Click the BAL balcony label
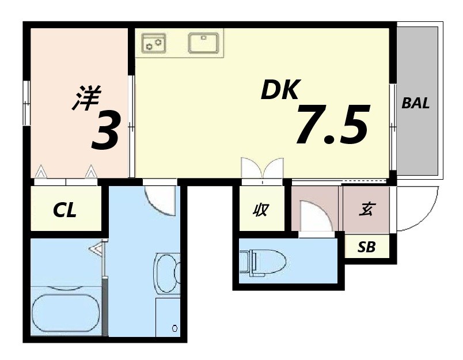pyautogui.click(x=415, y=104)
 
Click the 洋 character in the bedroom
pyautogui.click(x=86, y=98)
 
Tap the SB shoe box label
pyautogui.click(x=366, y=248)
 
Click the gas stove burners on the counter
pyautogui.click(x=154, y=43)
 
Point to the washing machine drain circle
pyautogui.click(x=174, y=328)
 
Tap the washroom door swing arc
pyautogui.click(x=158, y=200)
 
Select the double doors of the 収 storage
pyautogui.click(x=262, y=169)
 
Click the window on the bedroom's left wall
pyautogui.click(x=26, y=104)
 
